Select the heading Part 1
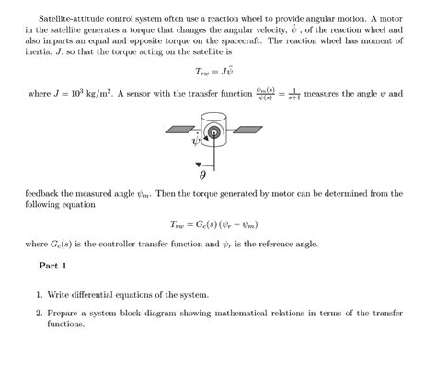click(53, 264)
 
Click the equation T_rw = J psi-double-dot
click(217, 71)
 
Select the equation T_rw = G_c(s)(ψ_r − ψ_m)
click(217, 223)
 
